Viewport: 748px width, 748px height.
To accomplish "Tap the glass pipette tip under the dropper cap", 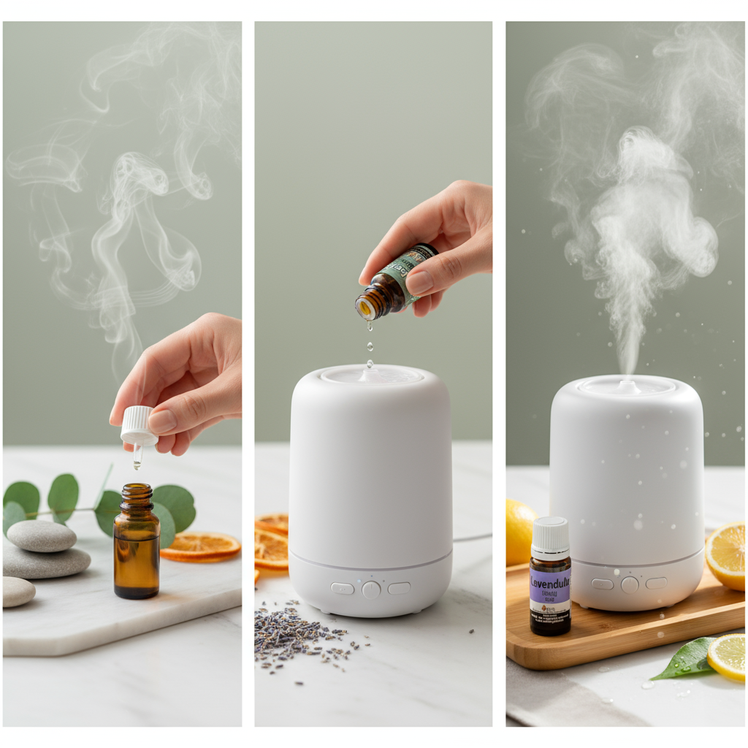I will coord(137,457).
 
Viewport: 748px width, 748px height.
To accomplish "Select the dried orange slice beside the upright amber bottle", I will coord(201,546).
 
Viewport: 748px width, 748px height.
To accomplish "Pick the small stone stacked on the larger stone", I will coord(42,535).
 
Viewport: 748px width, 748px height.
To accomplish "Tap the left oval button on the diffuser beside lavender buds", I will coord(342,588).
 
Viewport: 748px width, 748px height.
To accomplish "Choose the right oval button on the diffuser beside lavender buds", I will coord(399,588).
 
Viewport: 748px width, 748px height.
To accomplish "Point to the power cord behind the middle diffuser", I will coord(472,538).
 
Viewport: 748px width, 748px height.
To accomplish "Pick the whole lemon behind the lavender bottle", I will coord(519,532).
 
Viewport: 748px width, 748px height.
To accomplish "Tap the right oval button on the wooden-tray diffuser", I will coord(656,583).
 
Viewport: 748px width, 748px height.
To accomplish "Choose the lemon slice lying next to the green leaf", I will coord(728,657).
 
